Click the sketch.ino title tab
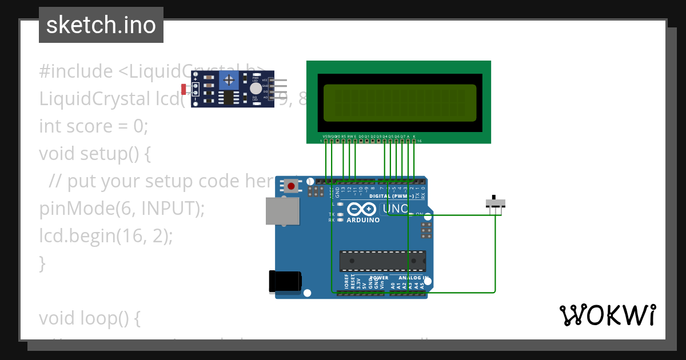point(101,25)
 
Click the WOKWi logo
point(607,315)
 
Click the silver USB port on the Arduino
point(282,210)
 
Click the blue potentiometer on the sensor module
point(229,80)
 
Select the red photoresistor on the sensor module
point(184,89)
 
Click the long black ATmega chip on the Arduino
point(382,261)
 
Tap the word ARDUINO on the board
point(363,220)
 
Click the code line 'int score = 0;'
point(93,126)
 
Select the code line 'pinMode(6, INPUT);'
point(122,209)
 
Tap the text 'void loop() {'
point(90,318)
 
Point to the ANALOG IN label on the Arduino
point(407,278)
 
